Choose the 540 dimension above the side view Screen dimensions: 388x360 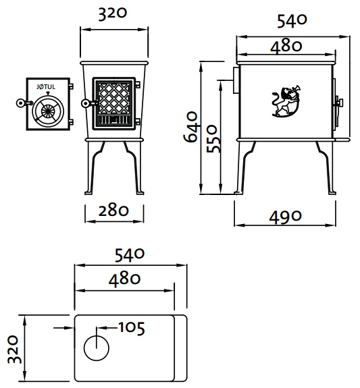[292, 20]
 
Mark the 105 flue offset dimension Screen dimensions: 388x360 [131, 328]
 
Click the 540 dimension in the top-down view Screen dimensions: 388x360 [130, 255]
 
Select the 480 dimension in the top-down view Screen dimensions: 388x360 [122, 279]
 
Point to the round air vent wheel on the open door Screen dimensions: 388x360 [48, 111]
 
